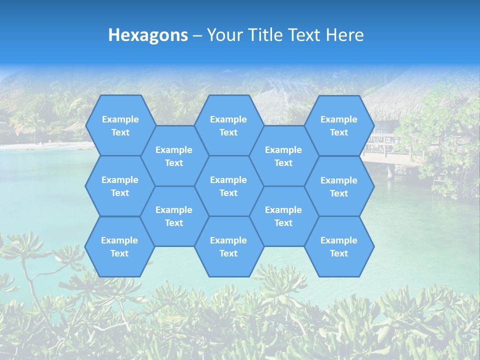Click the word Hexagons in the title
pyautogui.click(x=148, y=35)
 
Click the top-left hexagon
pyautogui.click(x=120, y=125)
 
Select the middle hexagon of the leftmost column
pyautogui.click(x=120, y=186)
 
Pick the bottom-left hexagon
pyautogui.click(x=119, y=246)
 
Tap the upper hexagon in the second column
pyautogui.click(x=174, y=156)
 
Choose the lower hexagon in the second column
pyautogui.click(x=174, y=216)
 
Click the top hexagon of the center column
pyautogui.click(x=228, y=125)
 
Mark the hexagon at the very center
pyautogui.click(x=228, y=186)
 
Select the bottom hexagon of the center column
pyautogui.click(x=228, y=246)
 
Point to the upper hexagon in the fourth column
pyautogui.click(x=283, y=156)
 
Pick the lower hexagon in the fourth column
pyautogui.click(x=283, y=216)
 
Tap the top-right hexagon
pyautogui.click(x=339, y=125)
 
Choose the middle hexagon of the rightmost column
pyautogui.click(x=339, y=186)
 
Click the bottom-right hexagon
pyautogui.click(x=339, y=246)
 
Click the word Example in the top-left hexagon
pyautogui.click(x=120, y=119)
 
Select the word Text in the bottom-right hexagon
pyautogui.click(x=339, y=253)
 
